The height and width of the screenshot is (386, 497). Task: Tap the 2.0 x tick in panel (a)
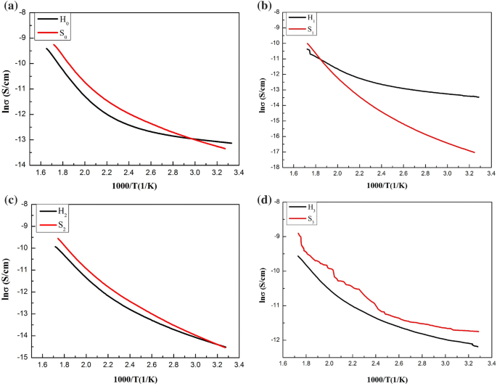tap(85, 173)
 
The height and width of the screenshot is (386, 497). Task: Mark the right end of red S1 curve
tap(475, 152)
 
